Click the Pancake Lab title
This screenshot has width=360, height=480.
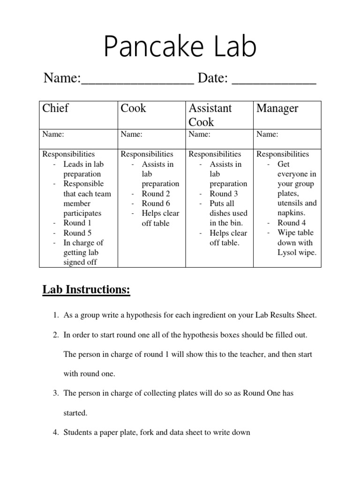pos(180,47)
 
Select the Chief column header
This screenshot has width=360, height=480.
pos(55,109)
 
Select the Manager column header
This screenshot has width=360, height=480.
pos(277,109)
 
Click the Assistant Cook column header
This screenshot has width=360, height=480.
pos(210,115)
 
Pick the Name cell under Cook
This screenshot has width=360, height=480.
pos(132,135)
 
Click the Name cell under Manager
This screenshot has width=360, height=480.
pos(267,135)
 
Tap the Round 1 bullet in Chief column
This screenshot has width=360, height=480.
pos(77,223)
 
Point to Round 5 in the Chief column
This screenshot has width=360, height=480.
pos(77,233)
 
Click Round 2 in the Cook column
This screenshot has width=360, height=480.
pos(156,194)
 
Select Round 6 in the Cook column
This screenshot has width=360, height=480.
pos(156,203)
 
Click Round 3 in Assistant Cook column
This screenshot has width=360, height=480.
pos(224,194)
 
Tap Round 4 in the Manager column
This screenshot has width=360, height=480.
pos(292,223)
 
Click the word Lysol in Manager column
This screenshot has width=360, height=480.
pos(288,253)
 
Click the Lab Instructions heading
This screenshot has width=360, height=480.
pos(86,290)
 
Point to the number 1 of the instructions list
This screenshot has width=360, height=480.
pos(54,315)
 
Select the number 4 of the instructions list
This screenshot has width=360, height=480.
pos(54,432)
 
